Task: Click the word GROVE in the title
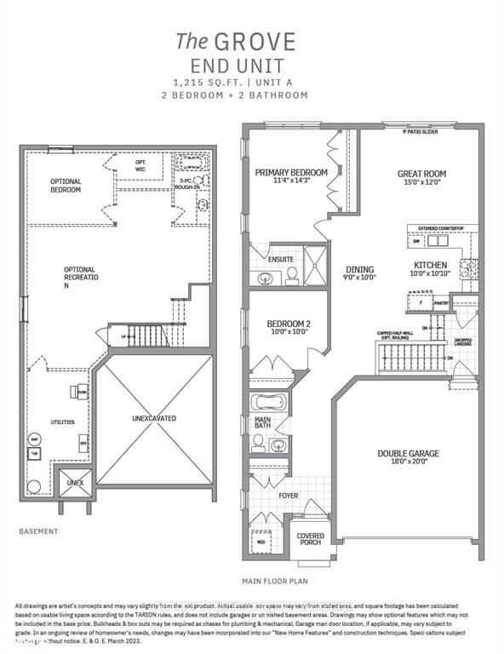pos(268,40)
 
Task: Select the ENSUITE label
pos(280,258)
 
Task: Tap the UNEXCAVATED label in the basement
pos(153,418)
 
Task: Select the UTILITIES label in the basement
pos(62,422)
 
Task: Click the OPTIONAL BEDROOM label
pos(66,185)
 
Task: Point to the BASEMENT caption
pos(38,531)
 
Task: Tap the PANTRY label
pos(441,301)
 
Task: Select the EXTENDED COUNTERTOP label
pos(438,228)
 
